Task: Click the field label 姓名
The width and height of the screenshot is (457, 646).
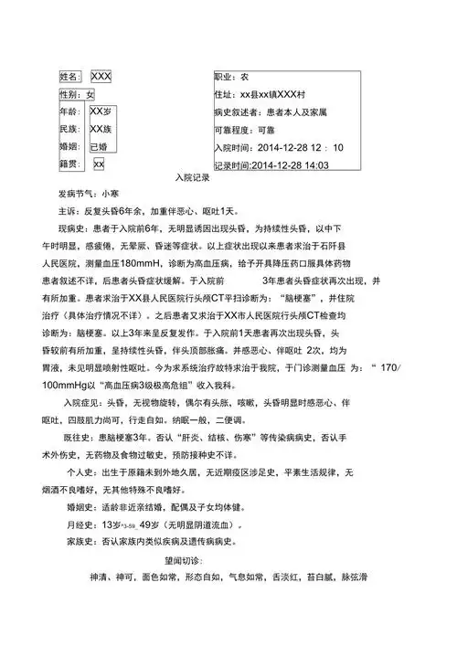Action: click(69, 76)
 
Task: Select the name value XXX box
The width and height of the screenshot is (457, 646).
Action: click(101, 76)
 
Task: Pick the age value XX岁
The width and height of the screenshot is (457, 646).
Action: click(101, 111)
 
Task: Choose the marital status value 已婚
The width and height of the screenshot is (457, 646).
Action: click(98, 146)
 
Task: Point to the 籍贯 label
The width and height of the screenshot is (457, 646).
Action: click(69, 164)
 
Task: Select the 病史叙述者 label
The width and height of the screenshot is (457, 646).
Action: click(239, 112)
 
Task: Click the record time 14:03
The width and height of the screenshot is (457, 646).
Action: click(315, 165)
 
